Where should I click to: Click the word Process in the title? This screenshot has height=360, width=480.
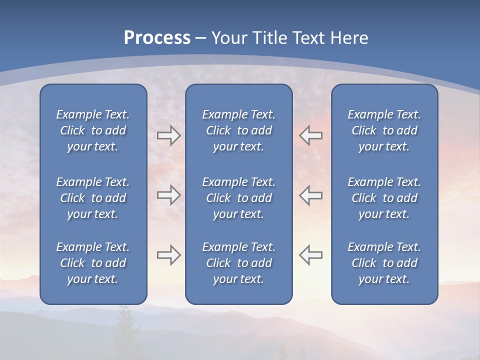(x=157, y=38)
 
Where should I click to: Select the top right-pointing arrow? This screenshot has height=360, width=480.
(x=168, y=135)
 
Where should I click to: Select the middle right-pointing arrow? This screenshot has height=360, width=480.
(x=168, y=195)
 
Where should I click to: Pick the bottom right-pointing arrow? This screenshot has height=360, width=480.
(x=168, y=255)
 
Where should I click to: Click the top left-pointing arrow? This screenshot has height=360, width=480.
(x=310, y=135)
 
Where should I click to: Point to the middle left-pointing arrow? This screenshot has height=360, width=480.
(x=310, y=195)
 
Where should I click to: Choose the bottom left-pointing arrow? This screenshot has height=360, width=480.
(x=310, y=255)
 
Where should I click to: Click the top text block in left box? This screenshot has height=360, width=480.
(x=93, y=130)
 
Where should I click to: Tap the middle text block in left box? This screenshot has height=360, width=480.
(x=93, y=198)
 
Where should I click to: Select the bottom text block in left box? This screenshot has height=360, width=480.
(x=93, y=263)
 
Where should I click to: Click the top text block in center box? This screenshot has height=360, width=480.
(x=239, y=130)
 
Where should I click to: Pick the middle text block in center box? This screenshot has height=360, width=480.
(x=239, y=198)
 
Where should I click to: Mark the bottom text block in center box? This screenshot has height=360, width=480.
(x=239, y=263)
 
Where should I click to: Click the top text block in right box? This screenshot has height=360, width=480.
(x=384, y=130)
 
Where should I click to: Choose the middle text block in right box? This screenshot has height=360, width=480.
(x=384, y=198)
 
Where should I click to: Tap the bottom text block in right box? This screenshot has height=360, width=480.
(x=384, y=263)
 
